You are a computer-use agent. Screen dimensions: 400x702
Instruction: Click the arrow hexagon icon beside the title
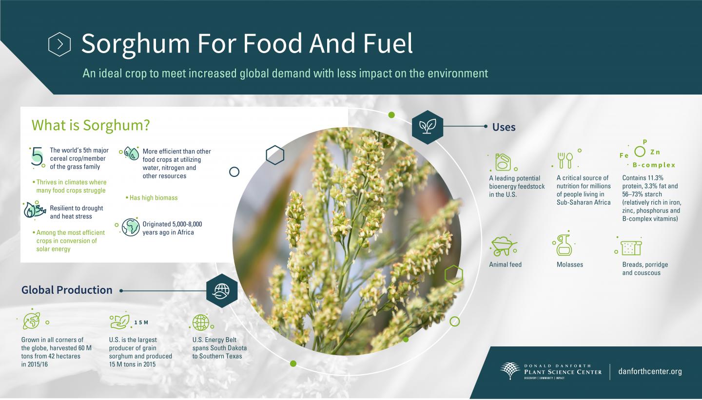click(59, 44)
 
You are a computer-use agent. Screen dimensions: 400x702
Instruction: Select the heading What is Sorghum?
click(91, 125)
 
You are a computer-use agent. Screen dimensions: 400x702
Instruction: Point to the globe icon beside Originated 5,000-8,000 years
click(131, 228)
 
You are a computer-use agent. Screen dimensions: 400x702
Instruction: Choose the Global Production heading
click(67, 290)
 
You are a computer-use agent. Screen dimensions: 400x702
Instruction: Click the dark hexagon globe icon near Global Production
click(222, 290)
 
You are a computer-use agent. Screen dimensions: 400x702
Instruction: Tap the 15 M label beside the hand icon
click(141, 323)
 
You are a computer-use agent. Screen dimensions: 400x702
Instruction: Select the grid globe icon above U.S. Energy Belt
click(200, 322)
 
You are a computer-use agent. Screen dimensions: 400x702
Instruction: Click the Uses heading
click(504, 127)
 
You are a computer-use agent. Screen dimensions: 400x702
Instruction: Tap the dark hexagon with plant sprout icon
click(428, 127)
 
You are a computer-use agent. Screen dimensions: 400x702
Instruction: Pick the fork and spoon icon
click(565, 160)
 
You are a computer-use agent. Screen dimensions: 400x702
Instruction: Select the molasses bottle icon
click(564, 246)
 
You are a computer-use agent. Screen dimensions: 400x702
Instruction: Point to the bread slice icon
click(631, 248)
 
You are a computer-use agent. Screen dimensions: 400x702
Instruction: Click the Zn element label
click(655, 152)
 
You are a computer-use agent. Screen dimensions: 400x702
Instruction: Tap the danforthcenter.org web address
click(649, 372)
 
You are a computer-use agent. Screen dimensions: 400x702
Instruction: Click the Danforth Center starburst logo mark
click(510, 371)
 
